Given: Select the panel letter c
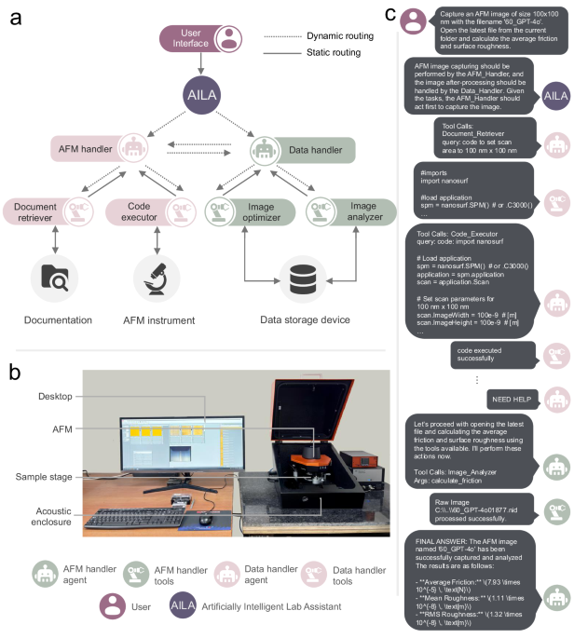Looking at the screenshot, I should click(389, 15).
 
